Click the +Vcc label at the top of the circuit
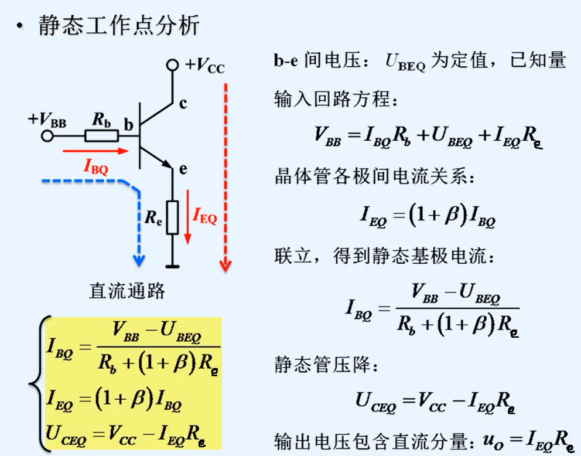204,66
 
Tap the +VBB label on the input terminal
47,120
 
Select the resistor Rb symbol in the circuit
101,136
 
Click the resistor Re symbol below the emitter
172,217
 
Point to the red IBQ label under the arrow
95,168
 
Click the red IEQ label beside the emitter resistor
205,218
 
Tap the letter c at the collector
183,104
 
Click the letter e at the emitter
183,170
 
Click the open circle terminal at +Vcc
172,65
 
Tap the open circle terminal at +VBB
47,136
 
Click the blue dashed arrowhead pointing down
139,258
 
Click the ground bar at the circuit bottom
172,267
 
